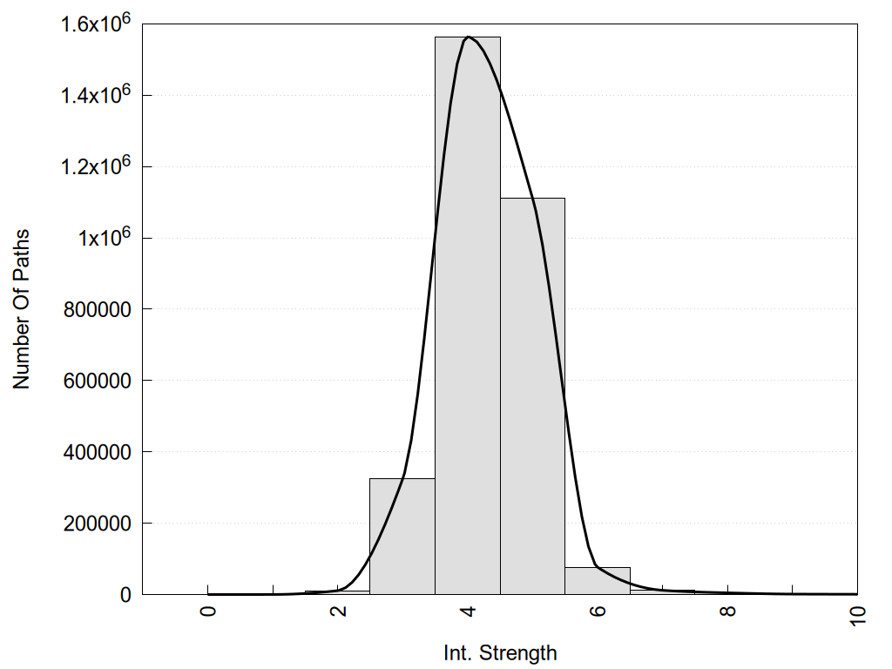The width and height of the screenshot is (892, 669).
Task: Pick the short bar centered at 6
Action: [598, 581]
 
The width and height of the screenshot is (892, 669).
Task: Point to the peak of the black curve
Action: [469, 37]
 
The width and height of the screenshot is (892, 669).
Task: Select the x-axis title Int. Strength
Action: [499, 652]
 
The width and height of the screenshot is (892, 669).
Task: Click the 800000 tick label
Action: [98, 309]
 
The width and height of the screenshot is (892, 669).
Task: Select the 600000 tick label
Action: [98, 381]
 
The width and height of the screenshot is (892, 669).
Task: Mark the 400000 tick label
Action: [98, 452]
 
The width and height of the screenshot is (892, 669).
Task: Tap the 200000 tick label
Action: [98, 524]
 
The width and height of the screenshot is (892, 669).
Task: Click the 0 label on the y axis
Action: [125, 595]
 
